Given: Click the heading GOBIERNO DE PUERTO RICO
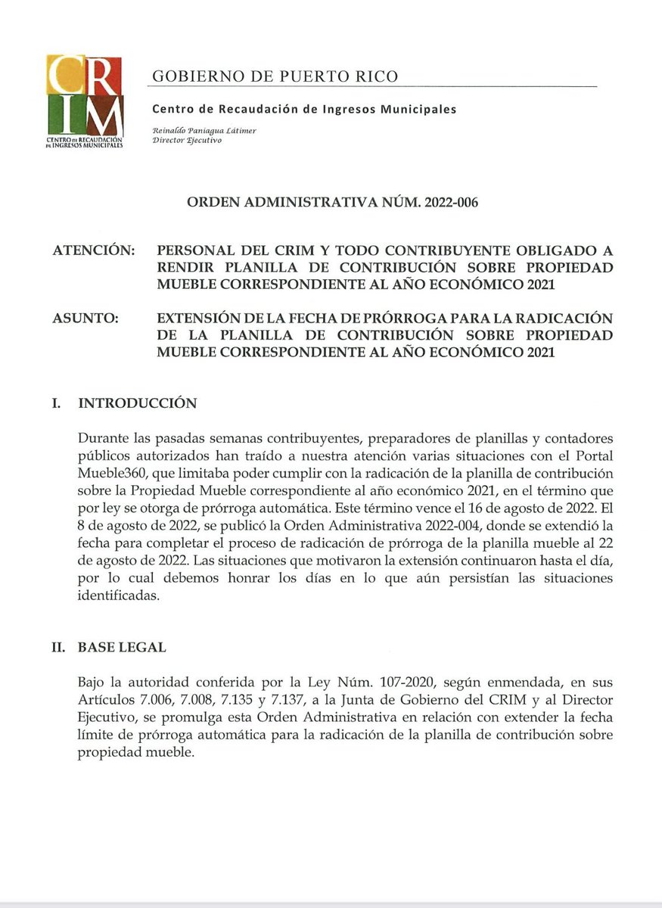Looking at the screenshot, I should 275,76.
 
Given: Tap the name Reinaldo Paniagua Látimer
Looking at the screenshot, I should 204,130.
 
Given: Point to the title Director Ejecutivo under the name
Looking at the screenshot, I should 187,141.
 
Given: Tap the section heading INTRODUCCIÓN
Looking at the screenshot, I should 138,403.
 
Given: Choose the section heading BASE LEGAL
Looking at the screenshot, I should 122,648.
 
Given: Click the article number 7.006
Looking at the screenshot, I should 151,701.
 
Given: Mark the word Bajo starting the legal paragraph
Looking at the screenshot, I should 91,684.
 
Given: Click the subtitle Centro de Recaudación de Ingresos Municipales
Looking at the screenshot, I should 305,109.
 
